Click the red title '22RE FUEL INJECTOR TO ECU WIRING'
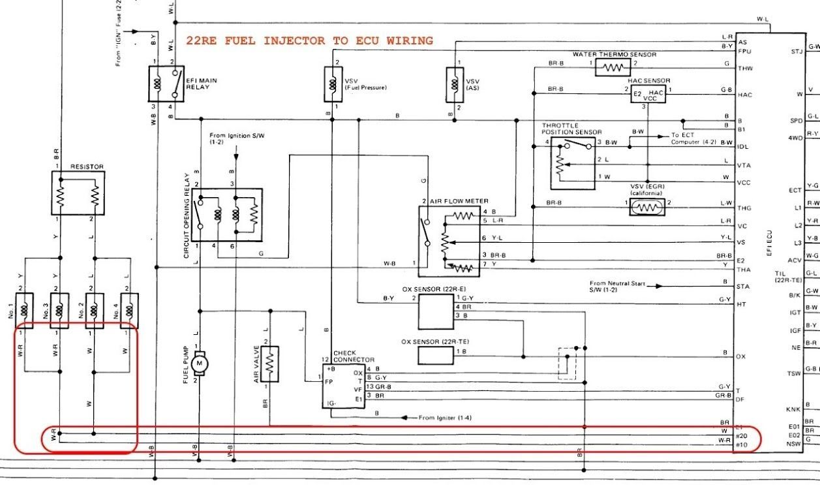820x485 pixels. point(309,40)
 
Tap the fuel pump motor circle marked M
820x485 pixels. point(201,362)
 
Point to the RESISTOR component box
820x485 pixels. point(78,193)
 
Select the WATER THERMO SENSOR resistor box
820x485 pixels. point(613,67)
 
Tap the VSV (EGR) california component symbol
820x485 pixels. point(647,207)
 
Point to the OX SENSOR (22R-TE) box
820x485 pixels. point(436,355)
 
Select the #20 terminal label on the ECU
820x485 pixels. point(741,436)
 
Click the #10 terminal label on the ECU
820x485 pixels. point(741,445)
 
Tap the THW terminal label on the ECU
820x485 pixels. point(744,68)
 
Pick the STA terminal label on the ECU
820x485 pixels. point(743,287)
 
